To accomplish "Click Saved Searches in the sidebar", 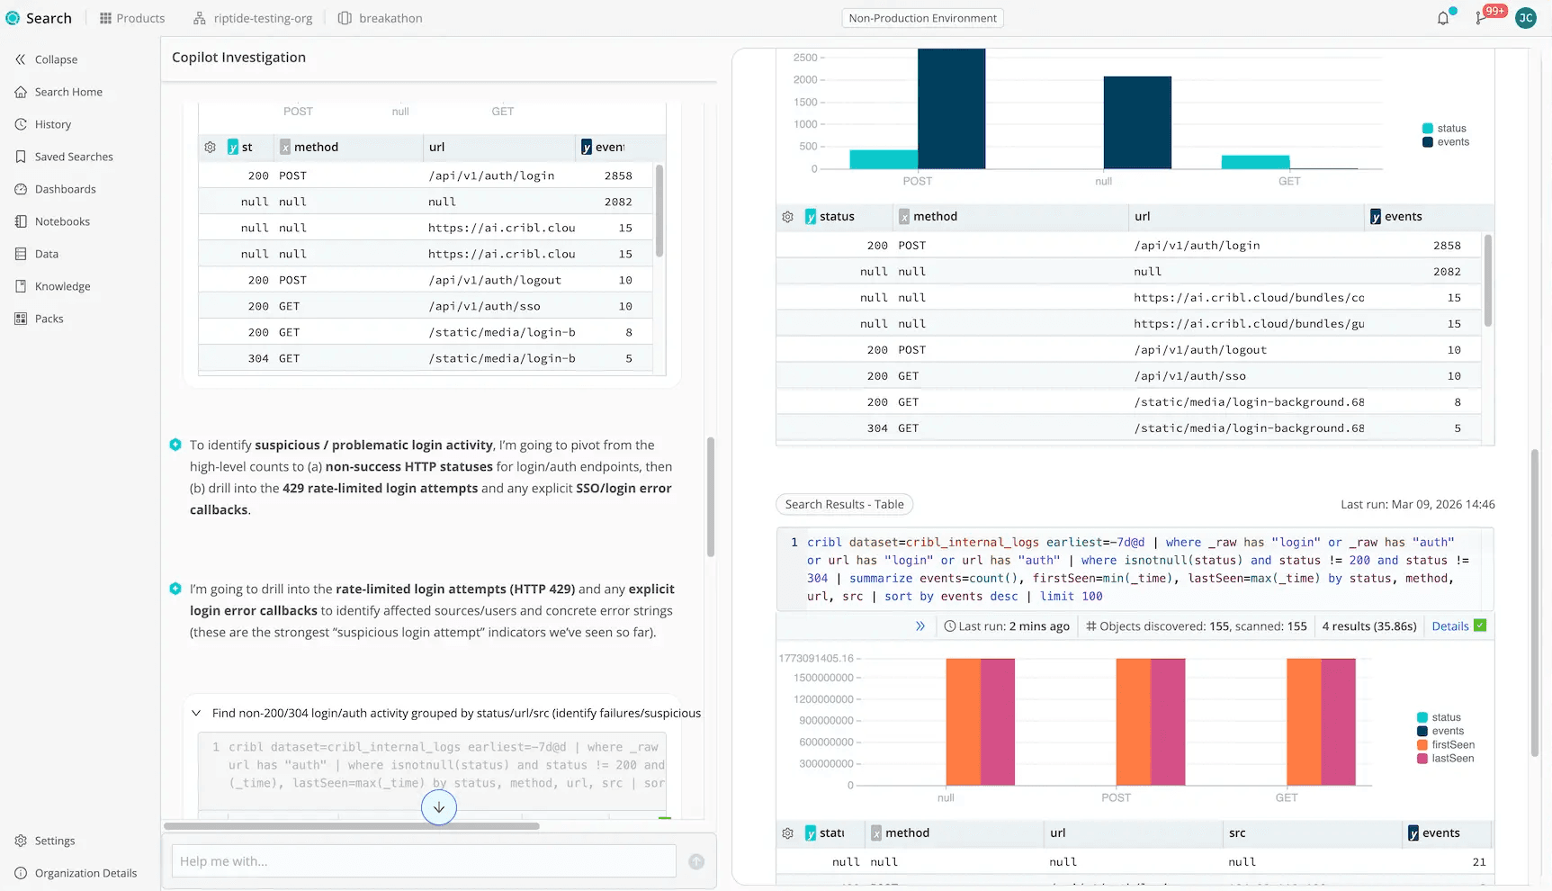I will tap(74, 157).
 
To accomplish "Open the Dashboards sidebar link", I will tap(65, 189).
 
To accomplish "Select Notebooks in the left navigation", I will tap(62, 221).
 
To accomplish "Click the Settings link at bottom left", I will tap(54, 841).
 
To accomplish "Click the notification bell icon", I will tap(1443, 18).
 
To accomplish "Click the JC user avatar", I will tap(1526, 18).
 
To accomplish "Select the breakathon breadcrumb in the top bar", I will tap(390, 18).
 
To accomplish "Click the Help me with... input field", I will tap(423, 861).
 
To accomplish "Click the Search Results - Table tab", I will tap(844, 505).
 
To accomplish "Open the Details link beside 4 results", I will tap(1449, 626).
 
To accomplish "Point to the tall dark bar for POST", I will tap(951, 108).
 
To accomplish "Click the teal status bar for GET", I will tap(1255, 162).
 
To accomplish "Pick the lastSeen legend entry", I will tap(1452, 759).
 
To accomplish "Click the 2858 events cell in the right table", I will tap(1447, 246).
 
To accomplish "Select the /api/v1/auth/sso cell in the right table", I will tap(1189, 376).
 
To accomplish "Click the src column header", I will tap(1237, 833).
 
